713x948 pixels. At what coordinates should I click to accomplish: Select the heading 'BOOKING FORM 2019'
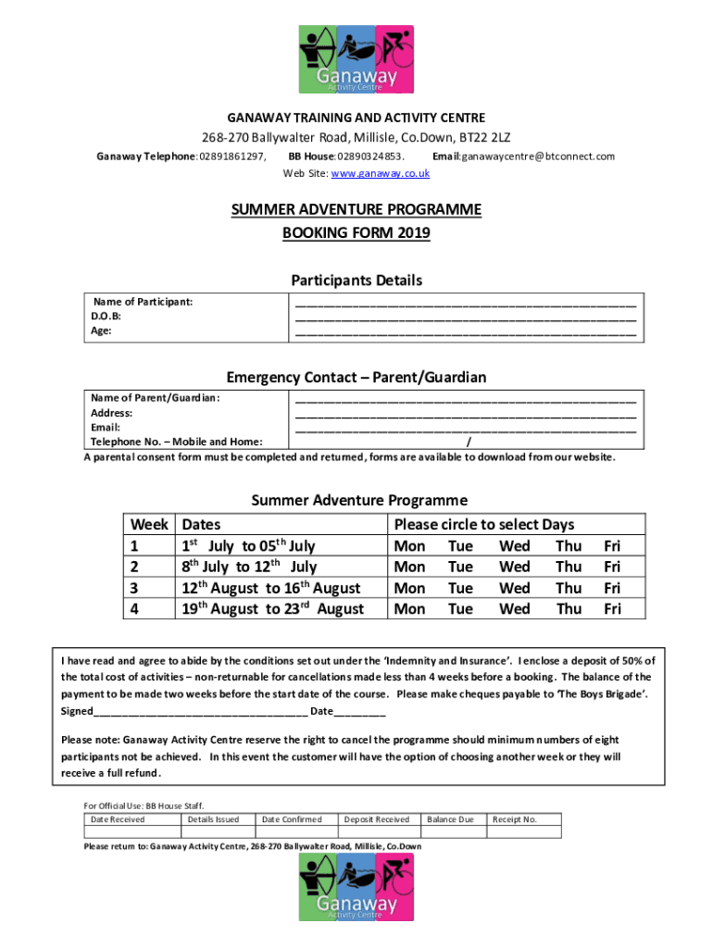(x=356, y=233)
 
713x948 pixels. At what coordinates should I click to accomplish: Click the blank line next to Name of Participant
(x=466, y=303)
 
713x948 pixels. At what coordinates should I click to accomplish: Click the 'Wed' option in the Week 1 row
(x=514, y=545)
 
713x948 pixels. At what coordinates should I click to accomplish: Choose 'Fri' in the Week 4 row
(x=612, y=608)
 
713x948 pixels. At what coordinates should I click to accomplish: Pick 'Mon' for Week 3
(x=409, y=588)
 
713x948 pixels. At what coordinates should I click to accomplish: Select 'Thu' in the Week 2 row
(x=568, y=567)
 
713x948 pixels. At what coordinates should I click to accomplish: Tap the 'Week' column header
(x=149, y=524)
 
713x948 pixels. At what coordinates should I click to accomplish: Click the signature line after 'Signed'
(x=200, y=711)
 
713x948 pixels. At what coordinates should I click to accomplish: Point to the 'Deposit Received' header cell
(x=377, y=819)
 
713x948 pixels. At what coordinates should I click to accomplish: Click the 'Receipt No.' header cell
(x=514, y=819)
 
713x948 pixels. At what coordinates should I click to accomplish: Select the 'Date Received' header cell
(x=117, y=819)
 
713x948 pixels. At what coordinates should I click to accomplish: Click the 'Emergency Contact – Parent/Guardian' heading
(x=356, y=377)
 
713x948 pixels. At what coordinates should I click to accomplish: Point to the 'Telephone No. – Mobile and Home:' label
(x=176, y=442)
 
